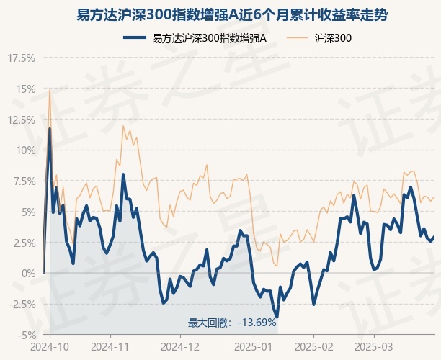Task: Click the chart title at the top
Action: coord(220,14)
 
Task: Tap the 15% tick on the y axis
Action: coord(24,89)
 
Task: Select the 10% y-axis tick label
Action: coord(24,150)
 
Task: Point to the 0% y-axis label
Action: coord(27,274)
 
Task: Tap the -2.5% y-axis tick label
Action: coord(22,304)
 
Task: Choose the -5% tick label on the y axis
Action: coord(26,335)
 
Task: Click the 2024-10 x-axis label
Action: coord(50,346)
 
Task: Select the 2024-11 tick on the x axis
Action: coord(113,346)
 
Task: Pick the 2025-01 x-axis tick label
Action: coord(254,346)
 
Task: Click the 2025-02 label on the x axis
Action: coord(314,346)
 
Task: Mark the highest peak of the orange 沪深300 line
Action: coord(49,89)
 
